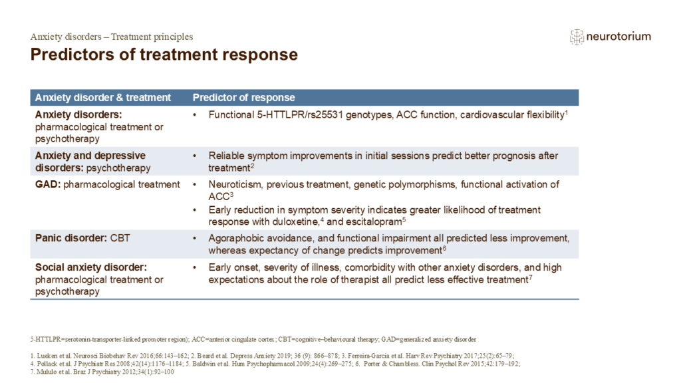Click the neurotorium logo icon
tap(577, 37)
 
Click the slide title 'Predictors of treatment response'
tap(164, 55)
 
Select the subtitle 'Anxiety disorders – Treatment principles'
tap(112, 37)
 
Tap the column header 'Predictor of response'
tap(243, 98)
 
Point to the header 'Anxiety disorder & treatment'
tap(103, 98)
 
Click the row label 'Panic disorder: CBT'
tap(82, 238)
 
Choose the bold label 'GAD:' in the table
tap(48, 185)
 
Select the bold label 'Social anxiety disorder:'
tap(91, 267)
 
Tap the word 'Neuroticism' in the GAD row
tap(235, 185)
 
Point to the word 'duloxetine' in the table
tap(296, 222)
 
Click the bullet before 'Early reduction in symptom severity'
tap(195, 210)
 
